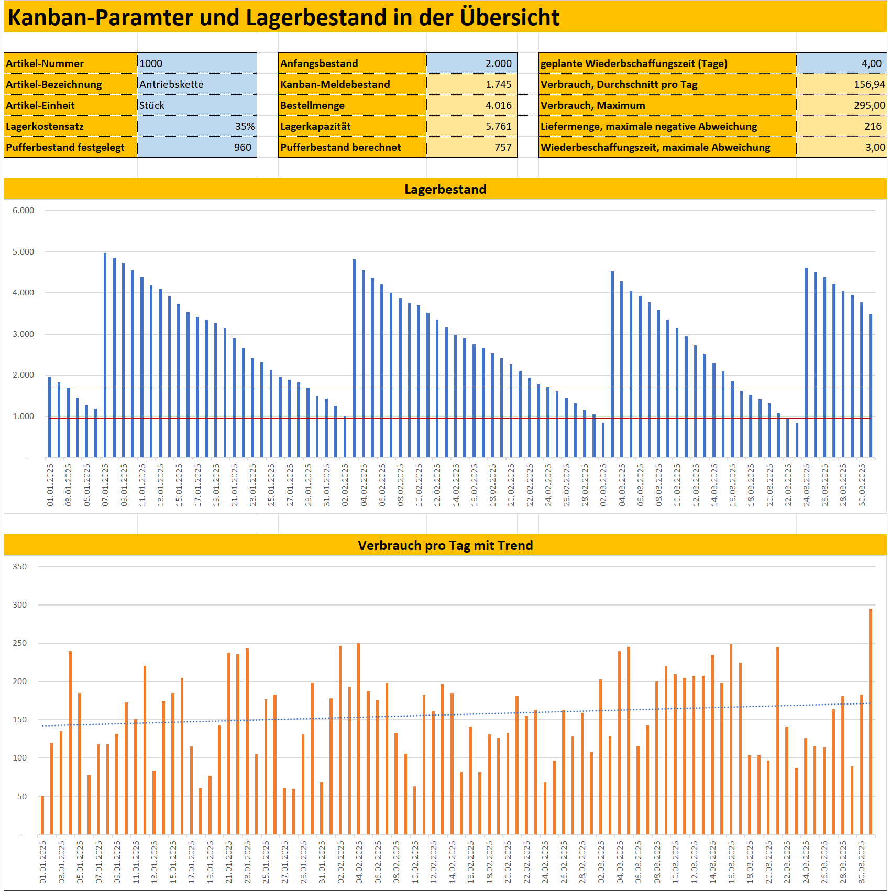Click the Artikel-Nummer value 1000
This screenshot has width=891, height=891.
pyautogui.click(x=151, y=63)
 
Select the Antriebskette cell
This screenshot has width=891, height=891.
pyautogui.click(x=171, y=84)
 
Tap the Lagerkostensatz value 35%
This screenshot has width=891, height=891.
pyautogui.click(x=245, y=126)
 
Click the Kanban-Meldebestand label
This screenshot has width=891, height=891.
pyautogui.click(x=335, y=84)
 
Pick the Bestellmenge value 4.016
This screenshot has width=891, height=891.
pyautogui.click(x=498, y=105)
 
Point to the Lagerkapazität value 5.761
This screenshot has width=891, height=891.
pyautogui.click(x=498, y=126)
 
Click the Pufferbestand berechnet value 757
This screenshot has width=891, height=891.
pyautogui.click(x=503, y=147)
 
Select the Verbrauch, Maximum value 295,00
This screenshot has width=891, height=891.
pyautogui.click(x=869, y=105)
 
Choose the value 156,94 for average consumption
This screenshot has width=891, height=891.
pyautogui.click(x=869, y=84)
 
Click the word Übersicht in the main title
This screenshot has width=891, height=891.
pyautogui.click(x=509, y=17)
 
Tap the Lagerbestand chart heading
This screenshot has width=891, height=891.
pyautogui.click(x=445, y=189)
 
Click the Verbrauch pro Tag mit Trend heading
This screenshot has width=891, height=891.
pyautogui.click(x=445, y=545)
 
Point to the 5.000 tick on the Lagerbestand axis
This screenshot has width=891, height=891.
pyautogui.click(x=23, y=252)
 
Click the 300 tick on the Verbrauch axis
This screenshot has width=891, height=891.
pyautogui.click(x=19, y=605)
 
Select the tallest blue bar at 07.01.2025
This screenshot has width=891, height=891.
pyautogui.click(x=105, y=356)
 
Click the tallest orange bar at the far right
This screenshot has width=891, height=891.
pyautogui.click(x=871, y=723)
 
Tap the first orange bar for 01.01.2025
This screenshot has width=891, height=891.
pyautogui.click(x=42, y=815)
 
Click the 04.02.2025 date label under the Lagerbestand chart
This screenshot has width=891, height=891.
pyautogui.click(x=364, y=485)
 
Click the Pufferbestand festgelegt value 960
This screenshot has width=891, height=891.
pyautogui.click(x=243, y=147)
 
